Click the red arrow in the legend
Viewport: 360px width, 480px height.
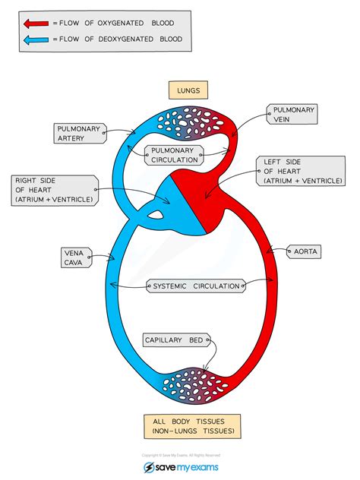[36, 24]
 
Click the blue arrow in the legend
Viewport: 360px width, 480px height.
[36, 39]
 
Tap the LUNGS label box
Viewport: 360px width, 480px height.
[188, 90]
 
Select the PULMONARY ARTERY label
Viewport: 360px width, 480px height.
[81, 134]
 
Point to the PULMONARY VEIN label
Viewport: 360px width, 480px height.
[292, 114]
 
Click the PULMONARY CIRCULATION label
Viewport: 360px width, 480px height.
[174, 155]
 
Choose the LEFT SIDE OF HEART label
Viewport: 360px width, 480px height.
[301, 171]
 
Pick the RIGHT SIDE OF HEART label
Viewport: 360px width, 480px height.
[55, 191]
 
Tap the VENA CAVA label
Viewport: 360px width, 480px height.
[76, 257]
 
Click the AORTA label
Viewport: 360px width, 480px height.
[304, 251]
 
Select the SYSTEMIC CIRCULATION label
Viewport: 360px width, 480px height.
[196, 286]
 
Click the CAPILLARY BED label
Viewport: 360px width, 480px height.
[177, 340]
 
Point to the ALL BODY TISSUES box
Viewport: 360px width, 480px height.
[192, 426]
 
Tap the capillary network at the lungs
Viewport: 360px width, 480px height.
[191, 122]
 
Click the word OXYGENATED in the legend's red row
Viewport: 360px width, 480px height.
[121, 24]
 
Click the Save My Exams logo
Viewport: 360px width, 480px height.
[181, 467]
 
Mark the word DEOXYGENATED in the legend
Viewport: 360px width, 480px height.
[126, 39]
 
